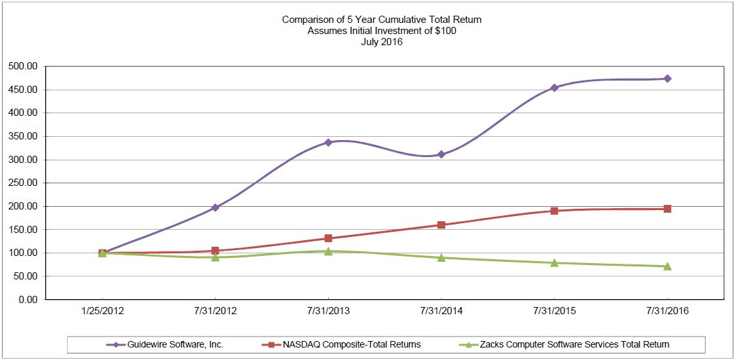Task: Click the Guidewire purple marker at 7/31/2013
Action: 328,142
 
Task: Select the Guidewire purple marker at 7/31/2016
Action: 667,79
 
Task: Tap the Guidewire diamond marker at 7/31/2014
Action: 441,154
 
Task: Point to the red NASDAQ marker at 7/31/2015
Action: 554,211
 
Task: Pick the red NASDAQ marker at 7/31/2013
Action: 328,238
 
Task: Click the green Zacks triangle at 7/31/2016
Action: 667,266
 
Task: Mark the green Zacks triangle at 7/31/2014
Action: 441,258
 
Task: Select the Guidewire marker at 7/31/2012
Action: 215,207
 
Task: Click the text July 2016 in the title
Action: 382,42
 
